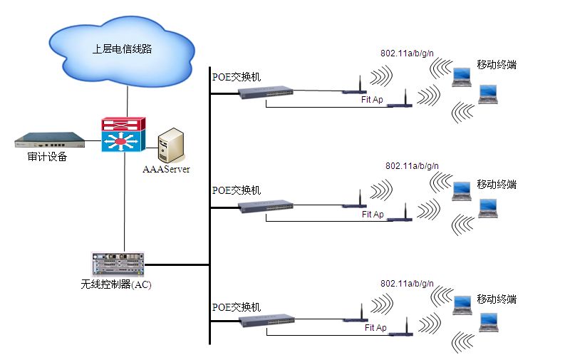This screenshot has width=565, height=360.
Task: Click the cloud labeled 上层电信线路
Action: coord(123,51)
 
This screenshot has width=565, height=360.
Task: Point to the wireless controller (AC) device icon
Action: coord(118,264)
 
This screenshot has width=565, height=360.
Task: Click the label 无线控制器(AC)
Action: coord(116,284)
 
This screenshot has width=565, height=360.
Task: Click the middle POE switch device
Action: coord(266,206)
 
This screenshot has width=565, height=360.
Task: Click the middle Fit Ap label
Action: coord(373,214)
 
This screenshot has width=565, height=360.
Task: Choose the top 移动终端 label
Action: coord(497,65)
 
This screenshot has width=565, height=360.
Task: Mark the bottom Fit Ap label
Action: coord(375,328)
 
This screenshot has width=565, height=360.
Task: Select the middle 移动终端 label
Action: coord(497,185)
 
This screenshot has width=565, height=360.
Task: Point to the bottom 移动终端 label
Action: coord(497,298)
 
